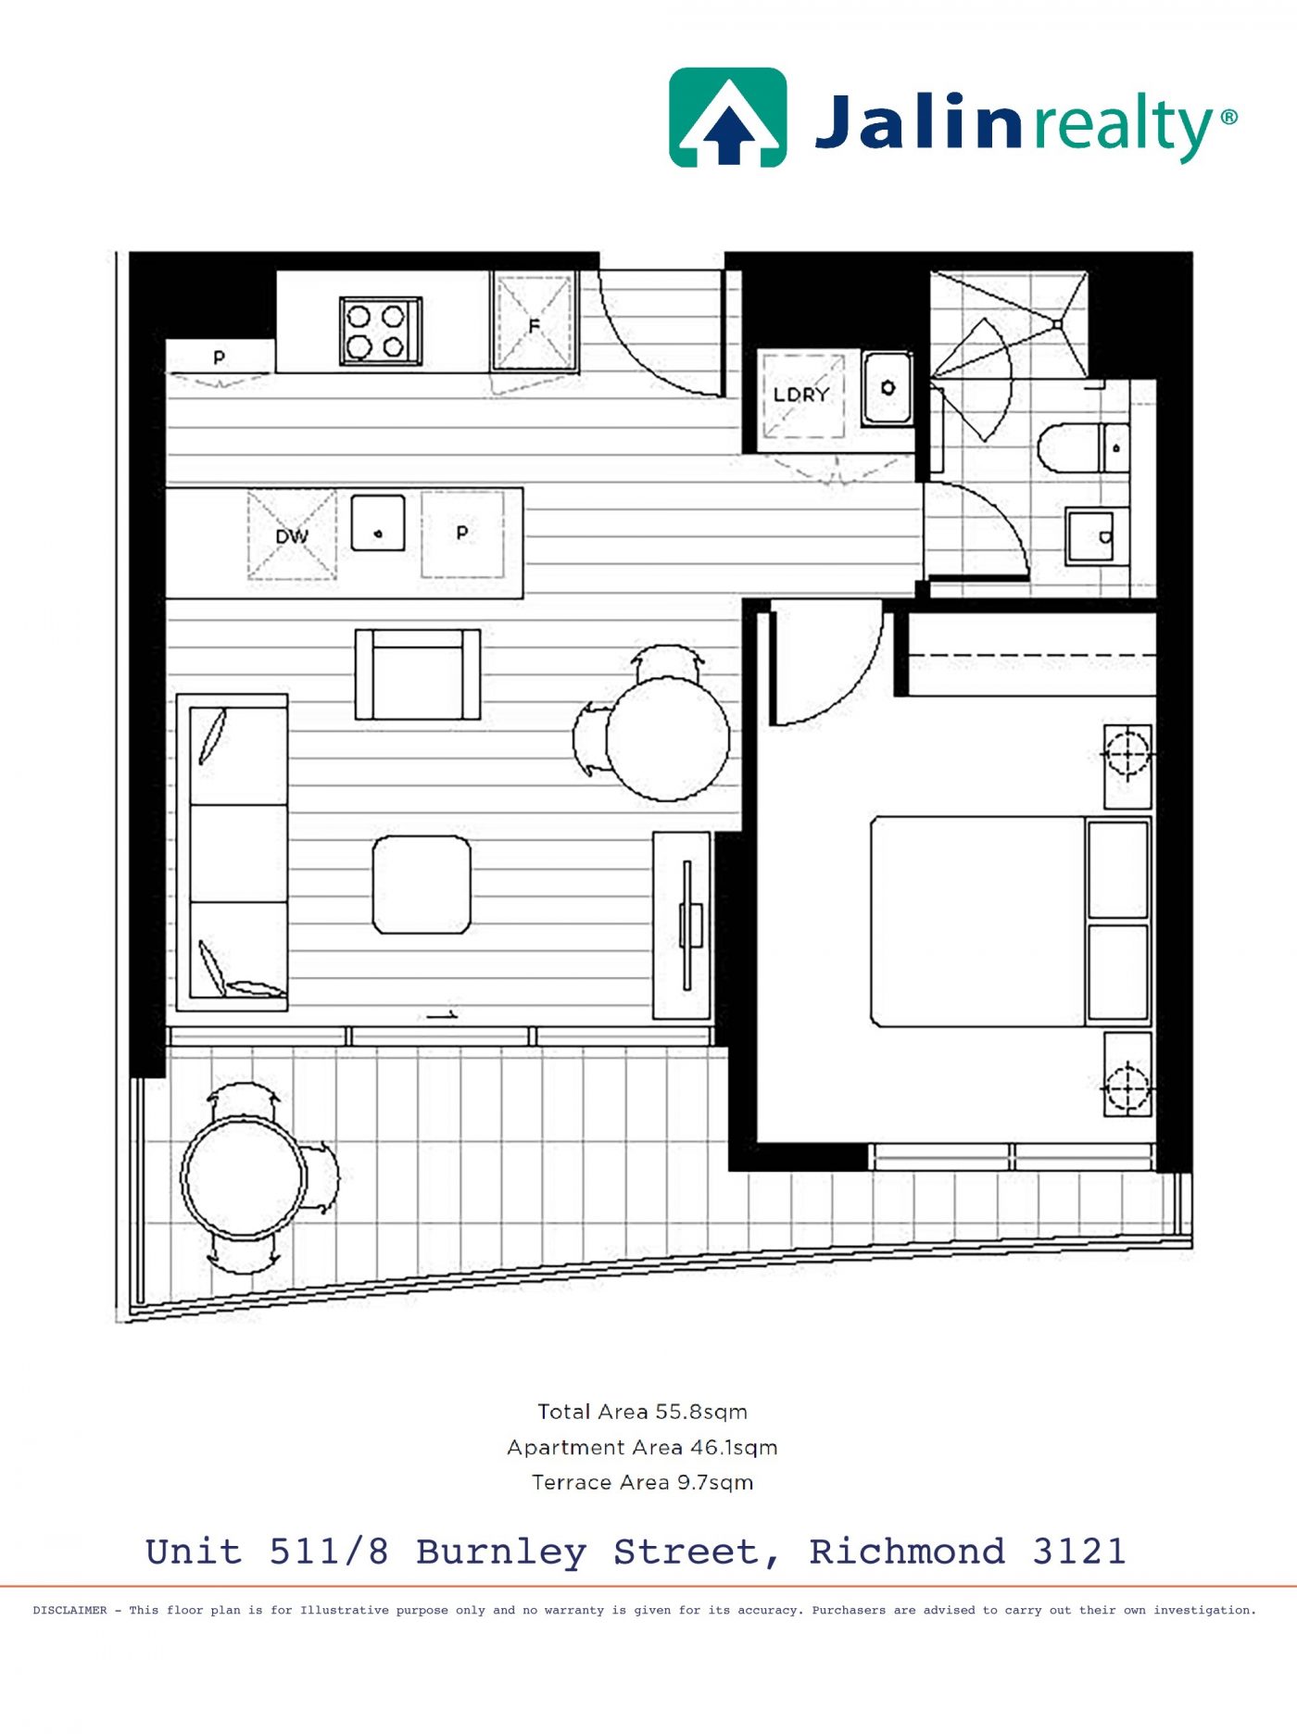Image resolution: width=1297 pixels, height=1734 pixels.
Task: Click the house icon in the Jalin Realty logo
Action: (x=728, y=117)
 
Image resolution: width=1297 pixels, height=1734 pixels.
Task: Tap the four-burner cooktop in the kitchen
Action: (x=381, y=331)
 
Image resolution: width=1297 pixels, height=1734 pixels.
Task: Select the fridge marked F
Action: (x=535, y=321)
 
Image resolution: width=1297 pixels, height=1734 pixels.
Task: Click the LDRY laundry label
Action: (x=801, y=395)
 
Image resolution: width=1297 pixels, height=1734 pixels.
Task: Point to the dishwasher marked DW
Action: (x=292, y=535)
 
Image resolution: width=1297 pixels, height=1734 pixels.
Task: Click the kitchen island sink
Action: (x=378, y=523)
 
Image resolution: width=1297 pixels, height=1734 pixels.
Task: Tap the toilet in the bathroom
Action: (x=1083, y=447)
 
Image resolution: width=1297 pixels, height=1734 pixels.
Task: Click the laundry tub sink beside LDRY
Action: (x=888, y=388)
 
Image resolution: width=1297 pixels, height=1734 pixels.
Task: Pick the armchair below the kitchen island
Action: (x=418, y=674)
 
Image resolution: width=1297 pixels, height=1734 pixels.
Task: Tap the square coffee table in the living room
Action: (x=422, y=885)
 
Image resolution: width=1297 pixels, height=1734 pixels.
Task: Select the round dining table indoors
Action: (x=667, y=738)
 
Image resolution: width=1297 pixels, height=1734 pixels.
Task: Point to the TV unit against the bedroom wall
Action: (x=683, y=925)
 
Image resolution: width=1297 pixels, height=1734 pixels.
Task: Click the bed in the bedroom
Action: (x=1011, y=921)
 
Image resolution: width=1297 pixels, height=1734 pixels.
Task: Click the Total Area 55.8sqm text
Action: (x=643, y=1412)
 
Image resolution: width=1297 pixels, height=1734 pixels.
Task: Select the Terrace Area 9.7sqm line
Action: (x=643, y=1482)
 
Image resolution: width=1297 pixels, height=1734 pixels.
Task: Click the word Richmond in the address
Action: (x=907, y=1552)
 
